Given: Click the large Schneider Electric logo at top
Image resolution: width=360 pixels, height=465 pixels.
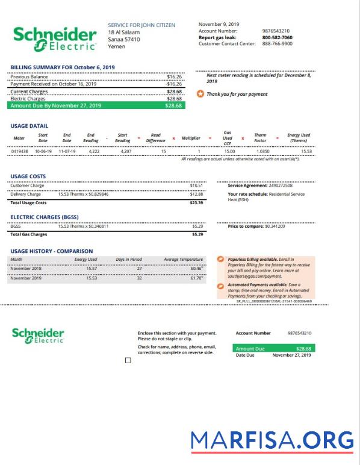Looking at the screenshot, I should coord(55,38).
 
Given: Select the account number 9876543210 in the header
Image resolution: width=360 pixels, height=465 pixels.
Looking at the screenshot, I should coord(276,31).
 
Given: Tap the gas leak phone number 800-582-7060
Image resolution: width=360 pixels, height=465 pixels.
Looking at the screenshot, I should coord(277,37).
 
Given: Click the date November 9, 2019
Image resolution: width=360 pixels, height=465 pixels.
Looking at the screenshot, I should coord(219,24).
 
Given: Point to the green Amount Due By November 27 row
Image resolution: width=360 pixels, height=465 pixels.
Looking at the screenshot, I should coord(97,105).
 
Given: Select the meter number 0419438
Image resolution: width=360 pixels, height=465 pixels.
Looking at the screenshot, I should coord(19,151).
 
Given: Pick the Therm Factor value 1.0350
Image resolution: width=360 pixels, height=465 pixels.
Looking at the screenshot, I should coord(263,151).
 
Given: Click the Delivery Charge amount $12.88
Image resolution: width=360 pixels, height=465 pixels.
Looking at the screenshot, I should coord(196,194).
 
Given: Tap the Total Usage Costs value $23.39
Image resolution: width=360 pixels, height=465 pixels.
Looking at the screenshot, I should coord(196,203).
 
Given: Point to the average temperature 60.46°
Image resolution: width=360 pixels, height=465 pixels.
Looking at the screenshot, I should coord(197,269).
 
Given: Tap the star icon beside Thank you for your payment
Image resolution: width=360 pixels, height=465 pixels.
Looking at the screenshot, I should coord(200,94).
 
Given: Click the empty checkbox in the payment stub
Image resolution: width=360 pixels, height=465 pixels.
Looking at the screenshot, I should coord(128,360).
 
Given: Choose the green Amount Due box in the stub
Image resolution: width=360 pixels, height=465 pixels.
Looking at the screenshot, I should coord(273,348).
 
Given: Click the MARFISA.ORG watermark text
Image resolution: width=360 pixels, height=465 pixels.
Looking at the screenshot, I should coord(272,440).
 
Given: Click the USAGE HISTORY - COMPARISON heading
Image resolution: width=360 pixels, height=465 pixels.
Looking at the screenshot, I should coord(52,251).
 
